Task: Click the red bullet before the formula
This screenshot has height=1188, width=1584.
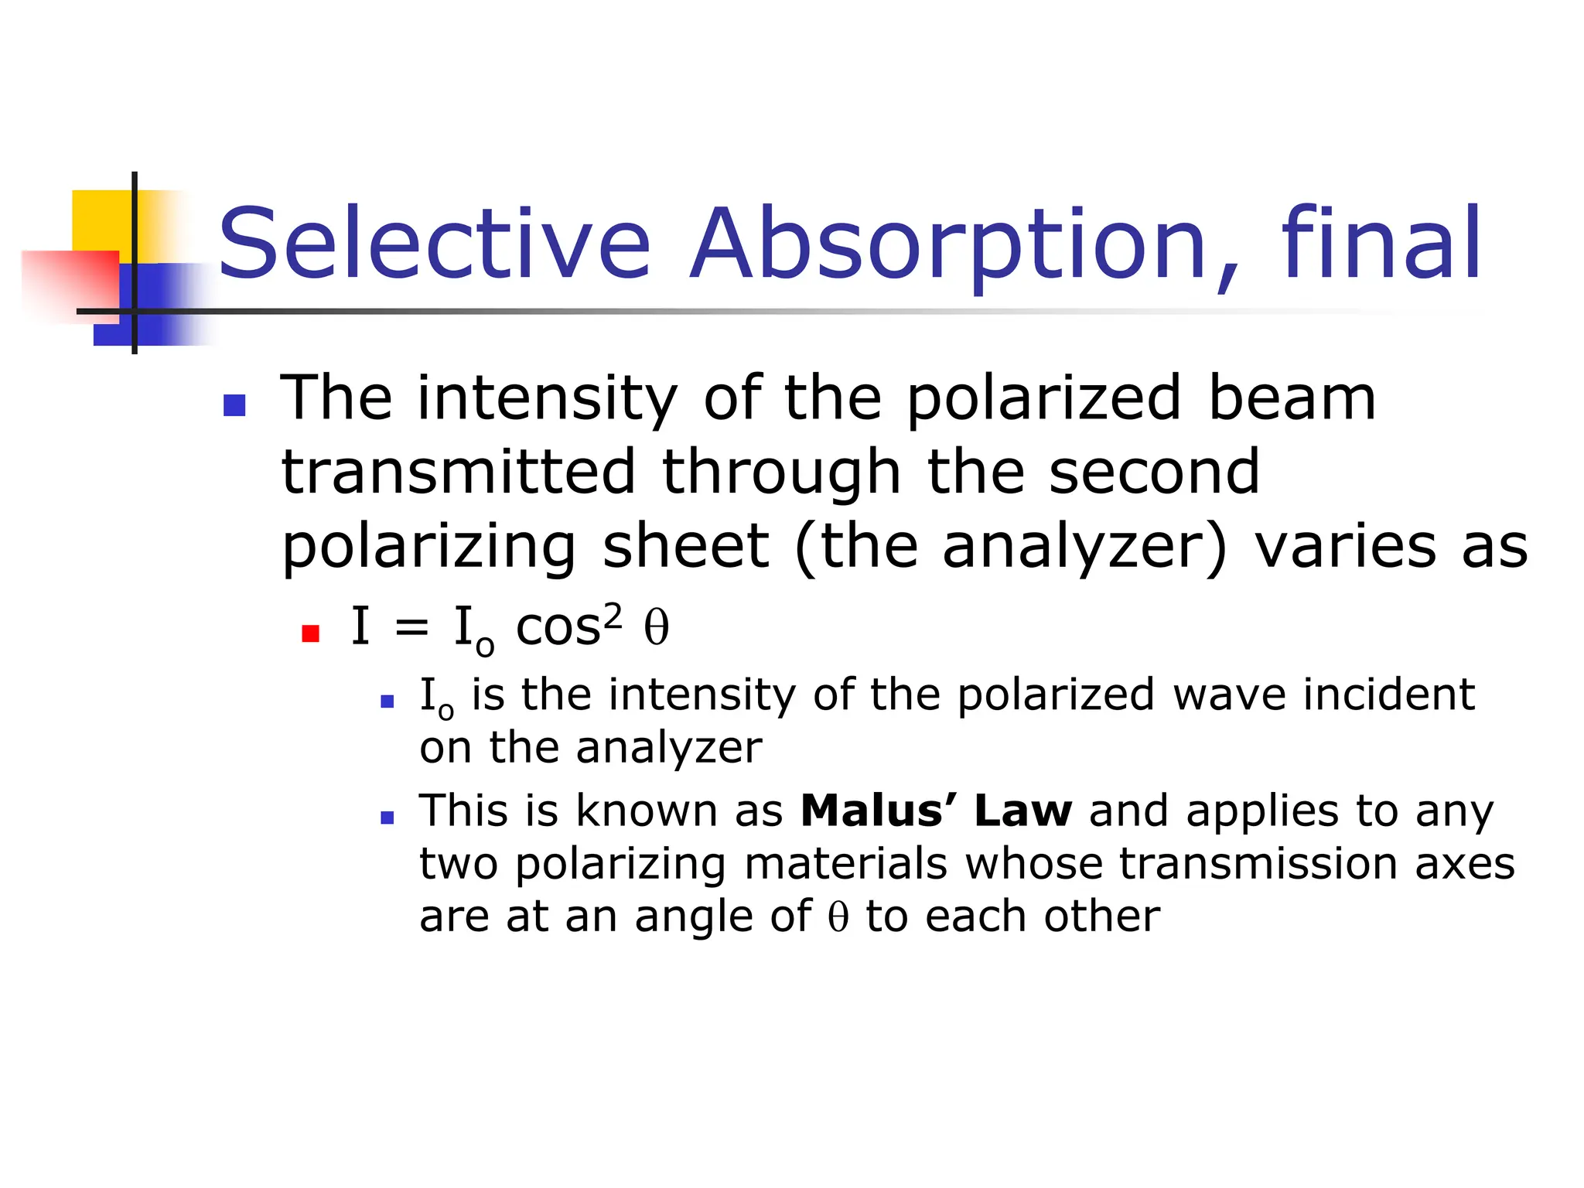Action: point(311,634)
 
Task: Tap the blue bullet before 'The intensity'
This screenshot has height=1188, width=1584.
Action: point(234,405)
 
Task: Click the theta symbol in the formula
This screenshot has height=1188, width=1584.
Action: point(657,627)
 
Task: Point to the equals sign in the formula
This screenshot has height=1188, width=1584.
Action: point(411,627)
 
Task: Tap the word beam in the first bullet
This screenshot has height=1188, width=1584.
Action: point(1292,398)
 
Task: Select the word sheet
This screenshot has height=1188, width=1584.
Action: point(686,546)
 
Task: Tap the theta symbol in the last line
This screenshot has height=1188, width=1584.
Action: point(838,917)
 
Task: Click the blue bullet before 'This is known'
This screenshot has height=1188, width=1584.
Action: point(387,817)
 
